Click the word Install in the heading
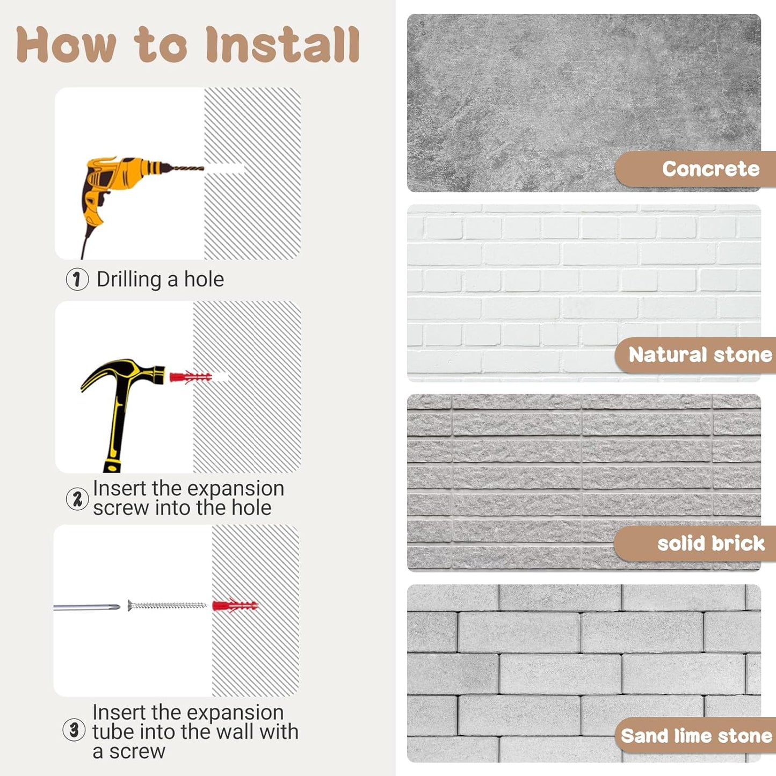point(282,44)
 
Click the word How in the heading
point(67,44)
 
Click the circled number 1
point(77,279)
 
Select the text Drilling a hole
point(160,279)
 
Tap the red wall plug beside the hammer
point(191,378)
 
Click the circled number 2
point(77,499)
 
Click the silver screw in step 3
point(166,605)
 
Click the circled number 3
point(74,730)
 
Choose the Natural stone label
point(700,355)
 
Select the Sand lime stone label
point(697,736)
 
